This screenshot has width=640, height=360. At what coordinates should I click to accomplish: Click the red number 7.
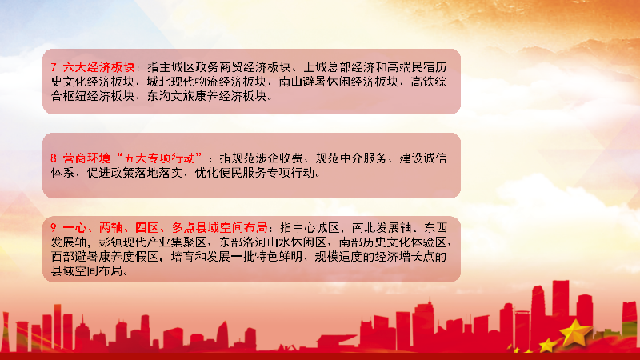(x=54, y=67)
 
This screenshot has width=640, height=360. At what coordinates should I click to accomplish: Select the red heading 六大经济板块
(x=98, y=67)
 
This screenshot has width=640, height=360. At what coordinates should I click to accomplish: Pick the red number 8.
(x=54, y=158)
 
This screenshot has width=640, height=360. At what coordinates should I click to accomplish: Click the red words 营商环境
(x=86, y=158)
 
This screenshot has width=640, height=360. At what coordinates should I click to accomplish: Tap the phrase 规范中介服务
(x=351, y=158)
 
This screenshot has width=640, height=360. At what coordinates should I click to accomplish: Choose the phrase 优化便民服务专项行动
(x=254, y=173)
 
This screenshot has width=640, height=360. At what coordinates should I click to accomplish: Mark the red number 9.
(x=54, y=228)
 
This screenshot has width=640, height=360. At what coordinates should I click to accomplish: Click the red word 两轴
(x=110, y=227)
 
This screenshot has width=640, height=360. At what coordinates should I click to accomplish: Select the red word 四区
(x=147, y=227)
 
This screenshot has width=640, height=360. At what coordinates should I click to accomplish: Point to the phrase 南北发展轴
(x=382, y=227)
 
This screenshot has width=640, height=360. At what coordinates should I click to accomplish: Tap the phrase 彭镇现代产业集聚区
(x=152, y=242)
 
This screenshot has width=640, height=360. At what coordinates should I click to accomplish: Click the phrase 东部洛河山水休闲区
(x=273, y=242)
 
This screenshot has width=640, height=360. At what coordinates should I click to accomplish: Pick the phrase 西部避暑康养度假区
(x=105, y=256)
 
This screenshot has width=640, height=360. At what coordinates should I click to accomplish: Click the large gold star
(x=575, y=331)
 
